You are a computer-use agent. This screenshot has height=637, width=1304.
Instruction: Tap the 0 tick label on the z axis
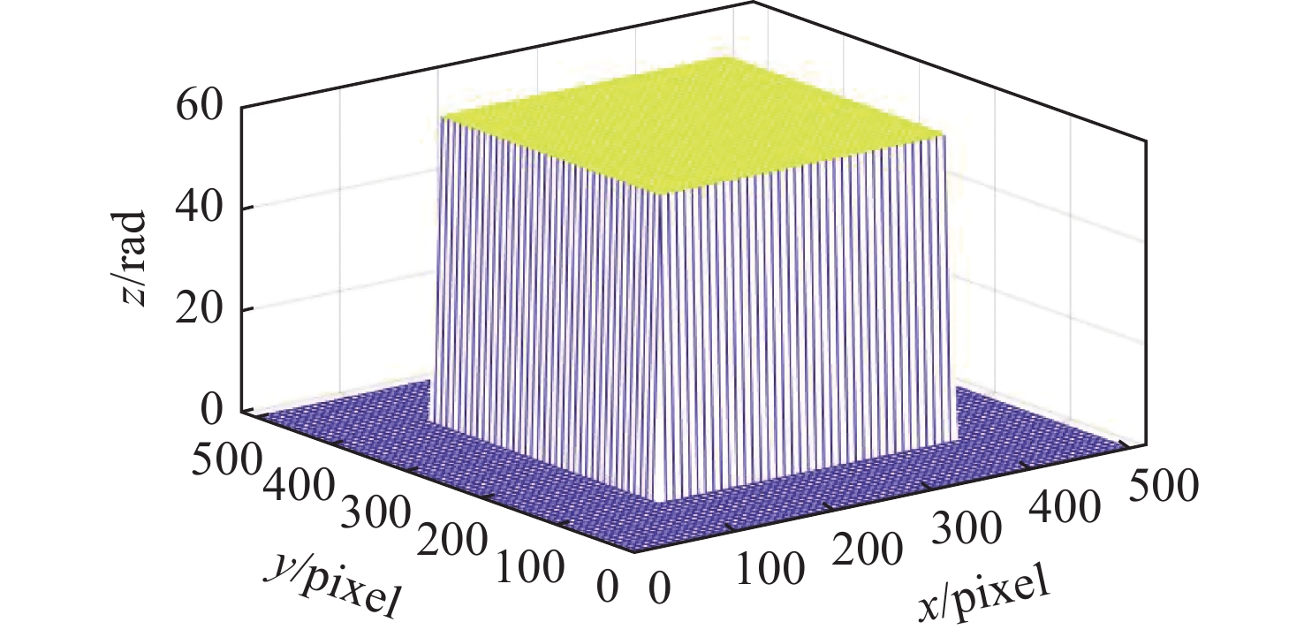click(213, 412)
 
